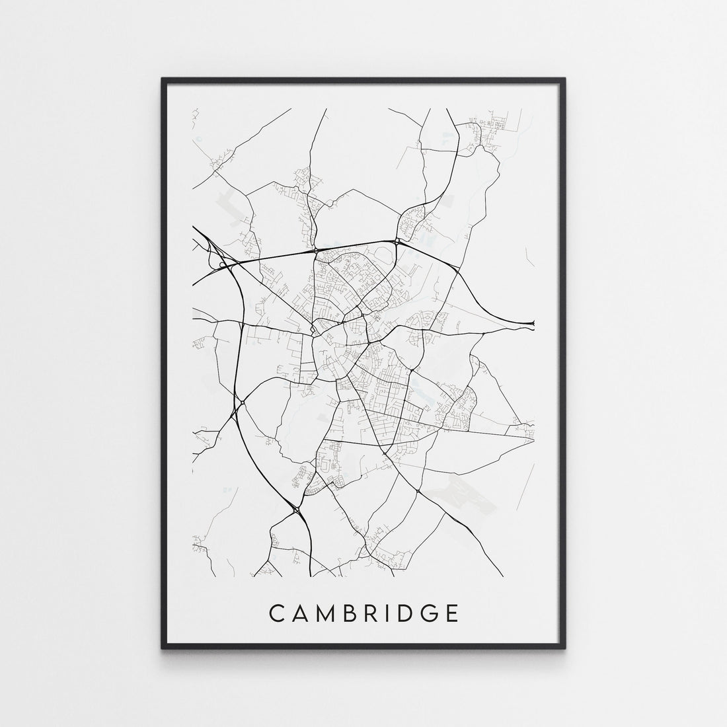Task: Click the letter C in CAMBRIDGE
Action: [x=277, y=613]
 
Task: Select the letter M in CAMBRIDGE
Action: [x=326, y=613]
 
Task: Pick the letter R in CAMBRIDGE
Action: [x=371, y=613]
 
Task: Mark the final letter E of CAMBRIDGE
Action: [x=452, y=613]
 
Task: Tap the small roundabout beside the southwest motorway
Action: [x=243, y=402]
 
